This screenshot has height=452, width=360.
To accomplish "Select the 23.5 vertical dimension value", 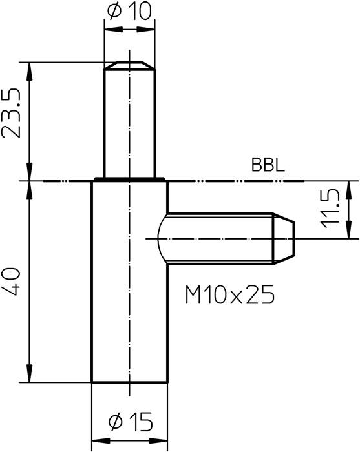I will click(14, 114).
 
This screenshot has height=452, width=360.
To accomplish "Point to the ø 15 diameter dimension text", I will click(131, 423).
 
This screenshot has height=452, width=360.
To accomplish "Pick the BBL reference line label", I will click(267, 167).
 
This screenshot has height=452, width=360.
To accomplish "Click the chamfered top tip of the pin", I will click(130, 65).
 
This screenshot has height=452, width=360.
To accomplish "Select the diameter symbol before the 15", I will click(116, 423).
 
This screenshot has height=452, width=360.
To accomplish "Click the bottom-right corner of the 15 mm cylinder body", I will click(168, 382).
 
